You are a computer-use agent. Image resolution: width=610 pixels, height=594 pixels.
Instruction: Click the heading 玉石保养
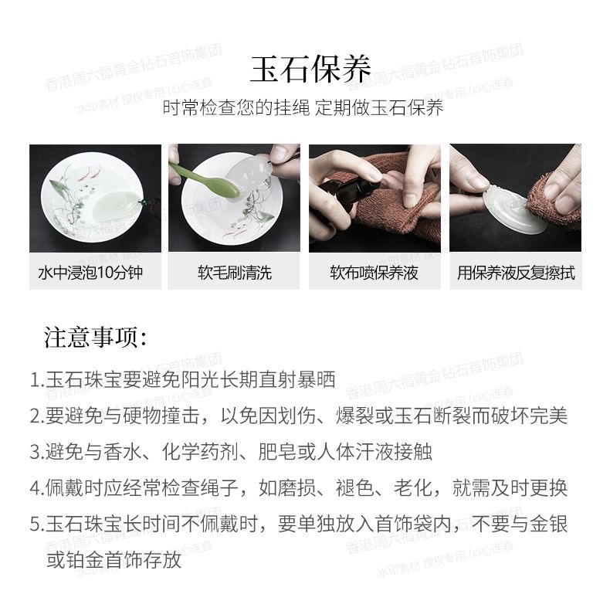tap(310, 70)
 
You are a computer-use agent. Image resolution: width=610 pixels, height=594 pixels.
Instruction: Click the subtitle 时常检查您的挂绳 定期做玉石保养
tap(303, 108)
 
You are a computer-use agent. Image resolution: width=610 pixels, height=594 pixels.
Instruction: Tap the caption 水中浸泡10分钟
tap(90, 273)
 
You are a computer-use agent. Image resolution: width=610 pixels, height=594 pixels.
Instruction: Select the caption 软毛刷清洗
tap(235, 273)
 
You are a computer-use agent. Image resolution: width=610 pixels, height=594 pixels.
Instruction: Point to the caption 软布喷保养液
tap(374, 273)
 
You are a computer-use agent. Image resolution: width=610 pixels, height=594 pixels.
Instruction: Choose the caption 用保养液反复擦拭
tap(516, 273)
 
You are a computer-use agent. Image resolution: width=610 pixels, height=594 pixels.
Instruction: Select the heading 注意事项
tap(95, 337)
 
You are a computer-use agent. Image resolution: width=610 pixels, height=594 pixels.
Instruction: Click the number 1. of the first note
tap(37, 380)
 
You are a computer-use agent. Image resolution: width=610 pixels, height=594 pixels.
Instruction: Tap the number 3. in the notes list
tap(37, 453)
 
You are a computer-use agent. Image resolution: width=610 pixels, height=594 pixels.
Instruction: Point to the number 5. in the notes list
tap(37, 524)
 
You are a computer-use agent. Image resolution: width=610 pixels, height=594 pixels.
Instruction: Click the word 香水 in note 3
tap(122, 453)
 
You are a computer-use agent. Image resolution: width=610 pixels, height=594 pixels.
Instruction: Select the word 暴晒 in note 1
tap(316, 380)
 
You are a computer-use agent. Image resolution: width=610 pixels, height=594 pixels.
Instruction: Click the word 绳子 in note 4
tap(219, 488)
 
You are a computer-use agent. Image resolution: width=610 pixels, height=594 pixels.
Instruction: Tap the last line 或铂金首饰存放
tap(114, 560)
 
